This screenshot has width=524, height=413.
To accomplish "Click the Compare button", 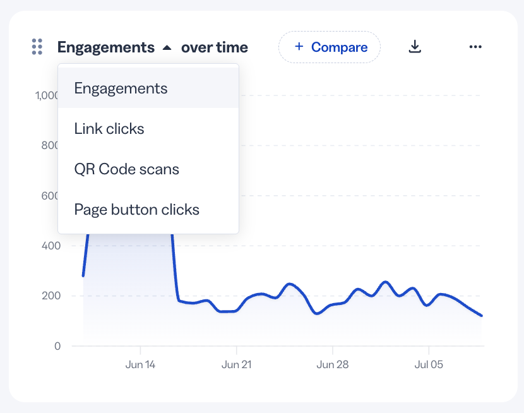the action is pos(329,47).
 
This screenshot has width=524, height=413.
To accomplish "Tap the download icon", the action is pos(415,47).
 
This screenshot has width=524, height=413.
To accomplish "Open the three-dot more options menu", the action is pos(475,47).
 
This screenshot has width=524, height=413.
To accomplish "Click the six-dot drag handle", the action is pos(37,47).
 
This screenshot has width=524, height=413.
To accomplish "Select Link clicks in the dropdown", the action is pos(109,129).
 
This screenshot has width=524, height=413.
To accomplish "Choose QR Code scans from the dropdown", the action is pos(127,169).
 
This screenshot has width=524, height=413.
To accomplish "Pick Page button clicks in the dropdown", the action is pos(136,210).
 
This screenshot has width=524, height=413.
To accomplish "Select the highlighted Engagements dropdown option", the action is pos(121,88).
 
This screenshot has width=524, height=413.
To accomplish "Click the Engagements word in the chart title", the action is pos(106,47).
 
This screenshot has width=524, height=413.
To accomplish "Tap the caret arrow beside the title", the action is pos(167,48).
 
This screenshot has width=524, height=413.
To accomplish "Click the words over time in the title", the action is pos(215,47).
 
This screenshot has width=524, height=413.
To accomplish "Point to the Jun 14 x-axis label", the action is pos(140,364).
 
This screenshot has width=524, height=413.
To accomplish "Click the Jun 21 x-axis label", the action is pos(237,364).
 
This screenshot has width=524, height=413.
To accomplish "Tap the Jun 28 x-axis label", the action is pos(333,364).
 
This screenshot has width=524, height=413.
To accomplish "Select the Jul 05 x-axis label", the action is pos(429,364).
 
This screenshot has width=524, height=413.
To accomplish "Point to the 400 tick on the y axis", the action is pos(51,246).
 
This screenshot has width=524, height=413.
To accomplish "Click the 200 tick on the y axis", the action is pos(51,296).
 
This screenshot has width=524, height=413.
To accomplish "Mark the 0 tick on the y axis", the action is pos(57,346).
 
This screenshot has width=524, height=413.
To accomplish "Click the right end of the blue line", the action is pos(482,316).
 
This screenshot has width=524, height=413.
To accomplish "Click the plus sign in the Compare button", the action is pos(299,46).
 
